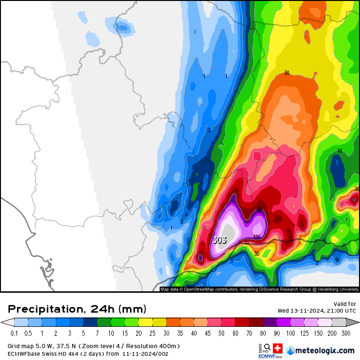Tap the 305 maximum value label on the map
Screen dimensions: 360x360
pos(219,240)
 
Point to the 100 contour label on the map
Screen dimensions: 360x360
pos(257,237)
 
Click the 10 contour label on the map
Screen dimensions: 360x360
pos(339,151)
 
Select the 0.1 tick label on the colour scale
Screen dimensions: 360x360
pos(15,333)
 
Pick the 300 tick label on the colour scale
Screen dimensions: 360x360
pos(346,333)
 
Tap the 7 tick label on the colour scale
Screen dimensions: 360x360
pos(97,333)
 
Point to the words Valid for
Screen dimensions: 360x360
pos(344,304)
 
